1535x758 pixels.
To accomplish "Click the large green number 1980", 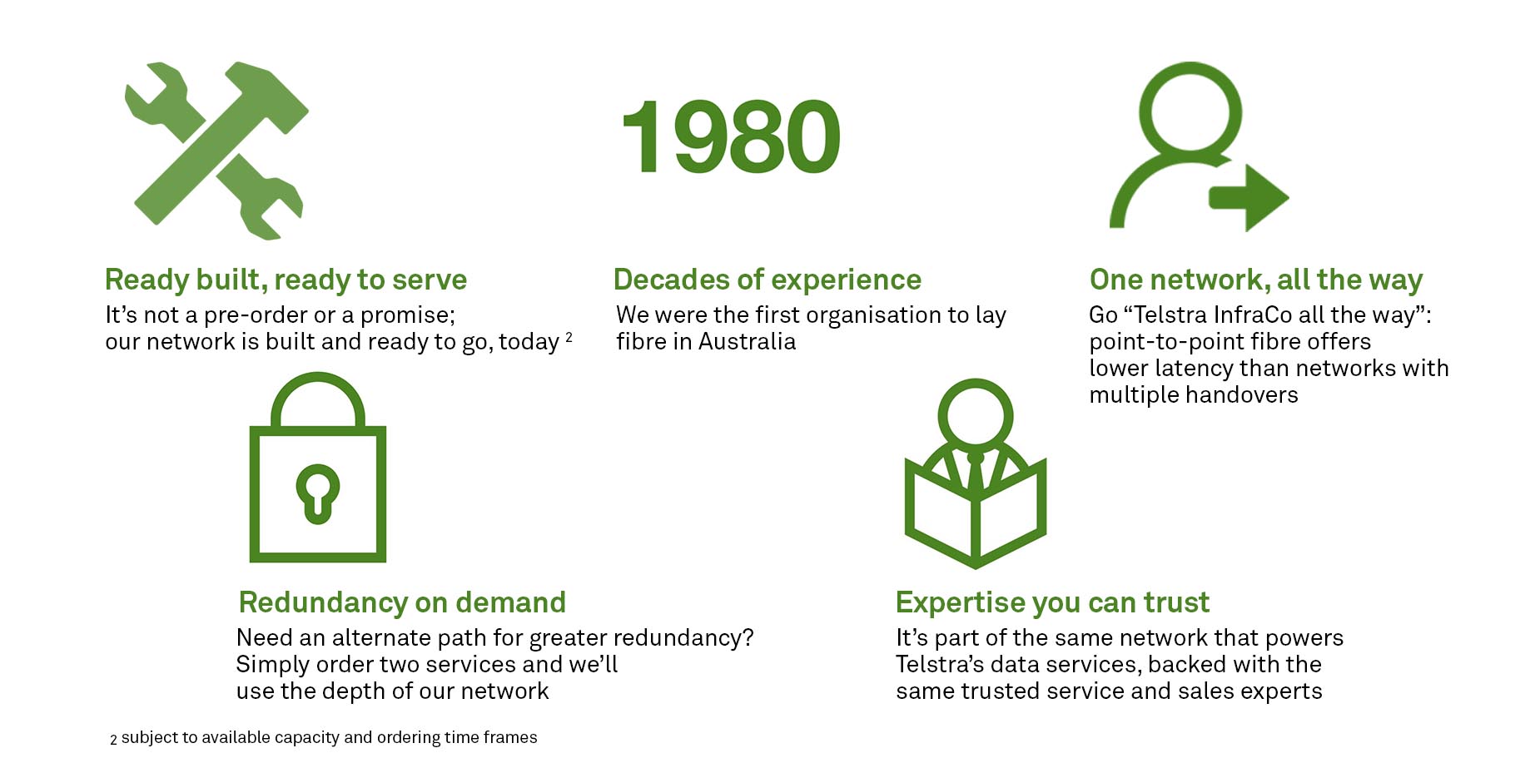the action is [x=731, y=136].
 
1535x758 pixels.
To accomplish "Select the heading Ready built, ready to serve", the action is [x=286, y=280].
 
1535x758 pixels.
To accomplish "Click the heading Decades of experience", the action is [x=767, y=280].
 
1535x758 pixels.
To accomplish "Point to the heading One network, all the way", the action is [x=1256, y=280].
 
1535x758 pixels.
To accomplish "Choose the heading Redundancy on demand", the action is [x=402, y=602].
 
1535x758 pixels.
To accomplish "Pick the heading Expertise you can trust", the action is [x=1052, y=602].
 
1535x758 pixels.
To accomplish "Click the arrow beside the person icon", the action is [x=1249, y=198].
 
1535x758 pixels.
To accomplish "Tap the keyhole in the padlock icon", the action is [x=318, y=493].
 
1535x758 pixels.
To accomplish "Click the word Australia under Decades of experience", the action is [x=747, y=341].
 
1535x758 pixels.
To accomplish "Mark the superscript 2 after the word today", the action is [x=569, y=337].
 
